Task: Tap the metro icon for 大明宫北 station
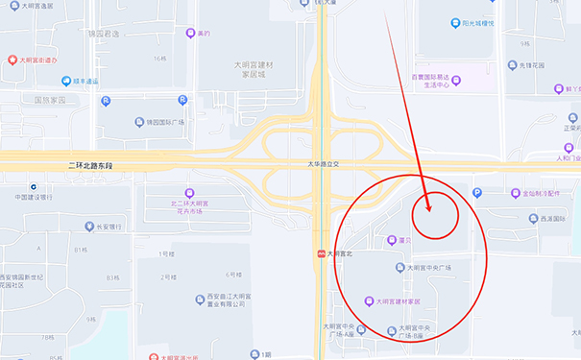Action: pos(320,254)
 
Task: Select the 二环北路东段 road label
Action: pos(90,166)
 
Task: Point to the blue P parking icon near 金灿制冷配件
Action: pos(477,193)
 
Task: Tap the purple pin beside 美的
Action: pos(190,34)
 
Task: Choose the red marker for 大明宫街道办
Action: pos(12,60)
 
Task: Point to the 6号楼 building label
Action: pos(232,276)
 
